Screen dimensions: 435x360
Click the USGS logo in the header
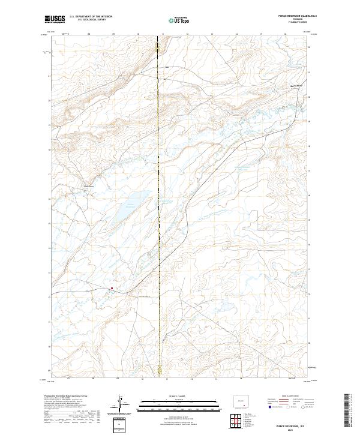[x=55, y=19]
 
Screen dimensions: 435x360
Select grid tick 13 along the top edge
[x=212, y=34]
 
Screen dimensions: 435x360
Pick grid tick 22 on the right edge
[x=308, y=47]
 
